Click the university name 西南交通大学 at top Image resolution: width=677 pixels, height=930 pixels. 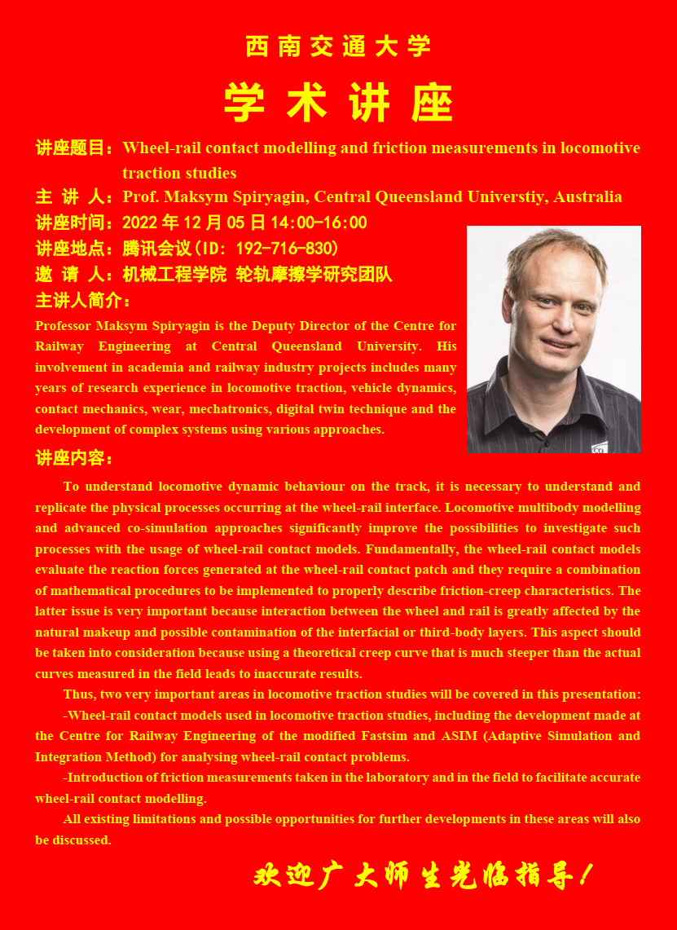[x=338, y=46]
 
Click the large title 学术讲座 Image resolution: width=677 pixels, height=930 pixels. [x=338, y=104]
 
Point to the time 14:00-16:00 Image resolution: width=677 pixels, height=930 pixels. [x=323, y=223]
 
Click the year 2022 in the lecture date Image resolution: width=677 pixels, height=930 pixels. [x=140, y=223]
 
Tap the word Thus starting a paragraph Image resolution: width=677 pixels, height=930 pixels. [x=78, y=694]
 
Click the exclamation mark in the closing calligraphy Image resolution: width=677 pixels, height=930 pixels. [x=584, y=876]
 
